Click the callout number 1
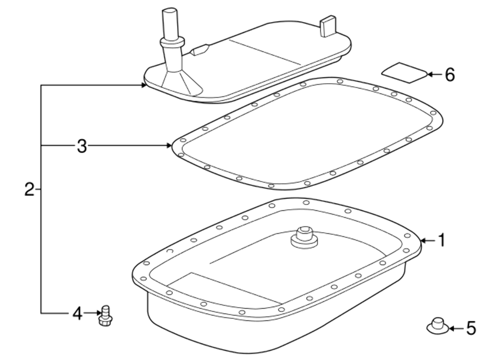click(x=442, y=241)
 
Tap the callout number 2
click(x=29, y=189)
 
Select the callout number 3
click(x=82, y=146)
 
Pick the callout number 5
click(x=471, y=328)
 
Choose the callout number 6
click(x=450, y=75)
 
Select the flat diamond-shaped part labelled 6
click(x=405, y=73)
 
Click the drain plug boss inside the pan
click(x=304, y=237)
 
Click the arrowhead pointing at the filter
click(x=143, y=85)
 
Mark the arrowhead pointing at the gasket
click(x=169, y=145)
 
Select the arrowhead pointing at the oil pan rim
click(x=423, y=241)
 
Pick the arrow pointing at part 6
click(x=435, y=74)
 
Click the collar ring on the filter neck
click(x=172, y=42)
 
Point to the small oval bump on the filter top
click(x=199, y=50)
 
